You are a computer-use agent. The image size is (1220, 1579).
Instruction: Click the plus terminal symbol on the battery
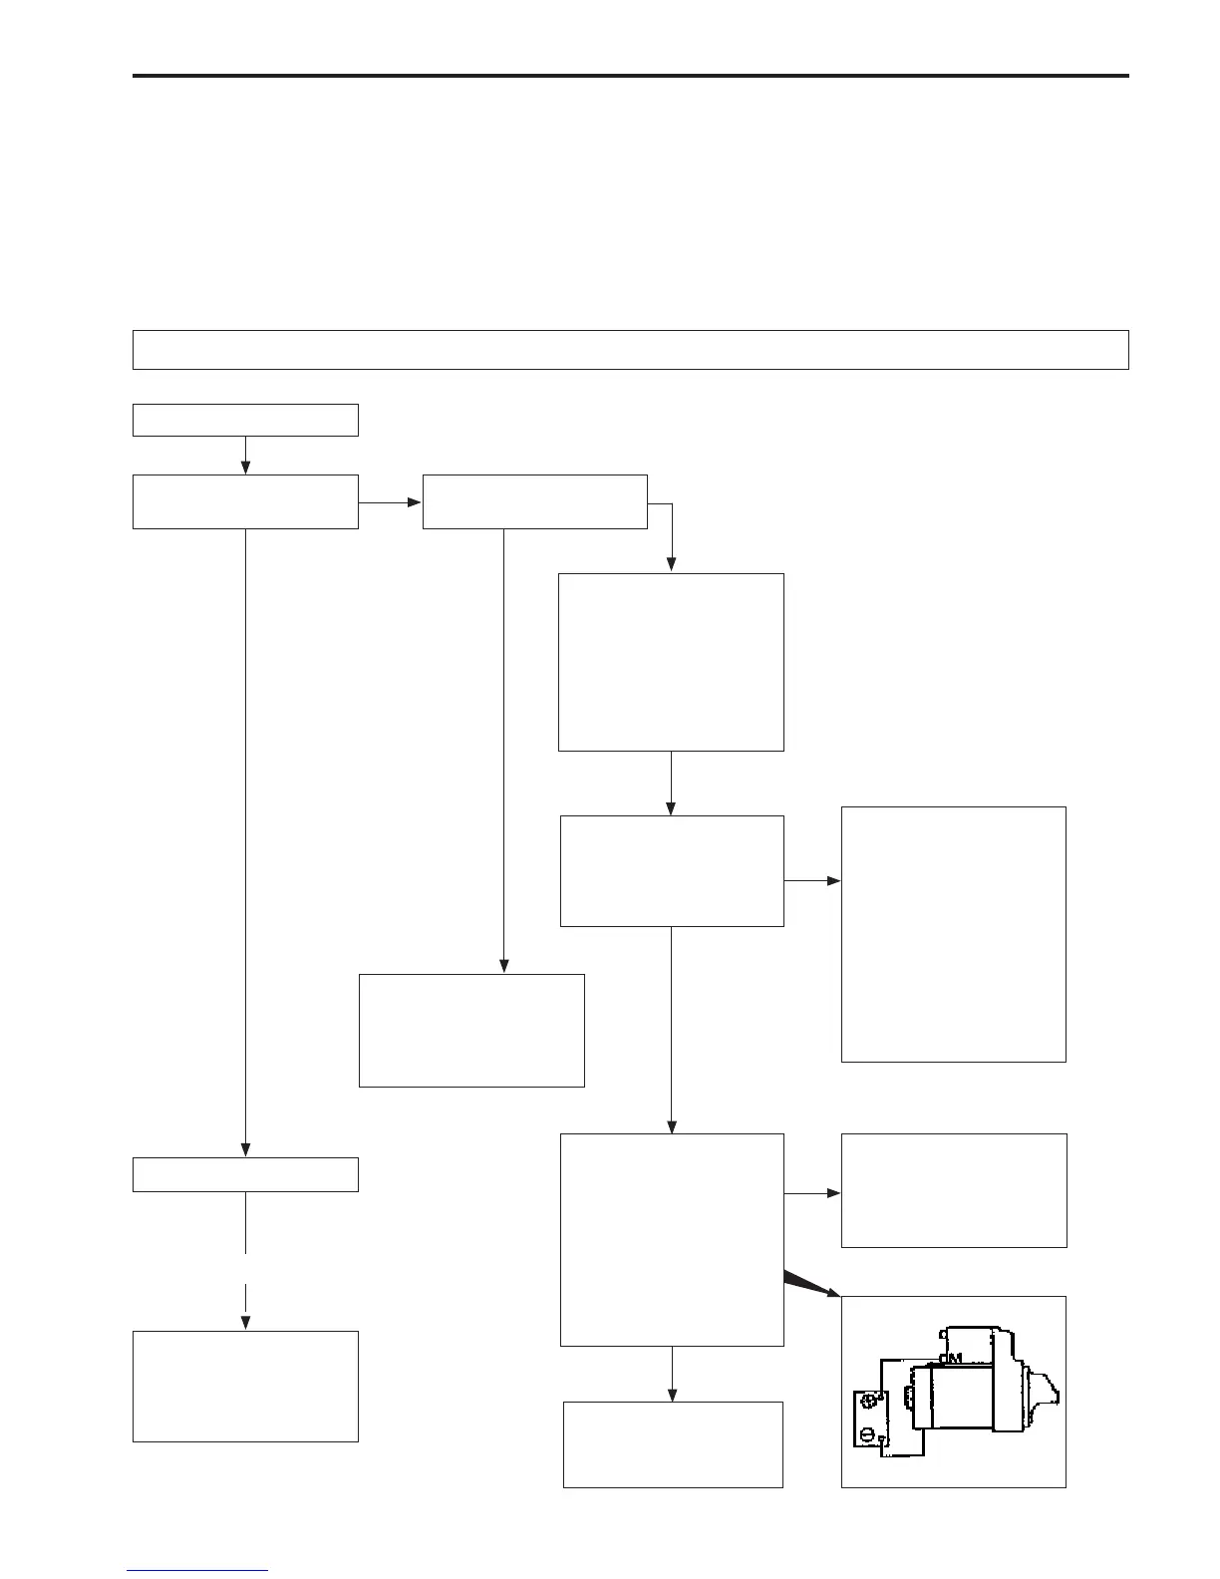click(868, 1401)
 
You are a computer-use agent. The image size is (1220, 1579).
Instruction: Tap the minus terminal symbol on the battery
click(868, 1435)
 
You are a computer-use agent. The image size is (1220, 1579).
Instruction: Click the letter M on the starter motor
click(954, 1358)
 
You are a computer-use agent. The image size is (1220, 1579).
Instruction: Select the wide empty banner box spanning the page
click(630, 350)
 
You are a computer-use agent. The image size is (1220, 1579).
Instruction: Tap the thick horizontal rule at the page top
click(630, 75)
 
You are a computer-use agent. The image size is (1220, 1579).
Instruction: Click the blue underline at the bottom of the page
click(197, 1571)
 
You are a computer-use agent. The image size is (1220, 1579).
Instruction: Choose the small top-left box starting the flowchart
click(245, 420)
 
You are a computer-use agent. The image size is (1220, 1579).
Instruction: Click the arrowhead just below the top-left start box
click(245, 468)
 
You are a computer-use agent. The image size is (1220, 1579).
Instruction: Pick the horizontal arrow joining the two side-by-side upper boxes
click(390, 502)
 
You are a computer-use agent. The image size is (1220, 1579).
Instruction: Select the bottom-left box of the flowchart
click(245, 1386)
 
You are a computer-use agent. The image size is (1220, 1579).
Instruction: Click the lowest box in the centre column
click(673, 1444)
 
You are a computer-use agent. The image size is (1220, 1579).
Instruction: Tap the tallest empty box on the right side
click(954, 934)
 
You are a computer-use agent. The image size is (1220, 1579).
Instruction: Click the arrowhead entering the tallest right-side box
click(834, 881)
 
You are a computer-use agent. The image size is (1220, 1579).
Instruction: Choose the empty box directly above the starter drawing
click(954, 1190)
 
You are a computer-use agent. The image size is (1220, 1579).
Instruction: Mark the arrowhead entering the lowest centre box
click(672, 1395)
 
